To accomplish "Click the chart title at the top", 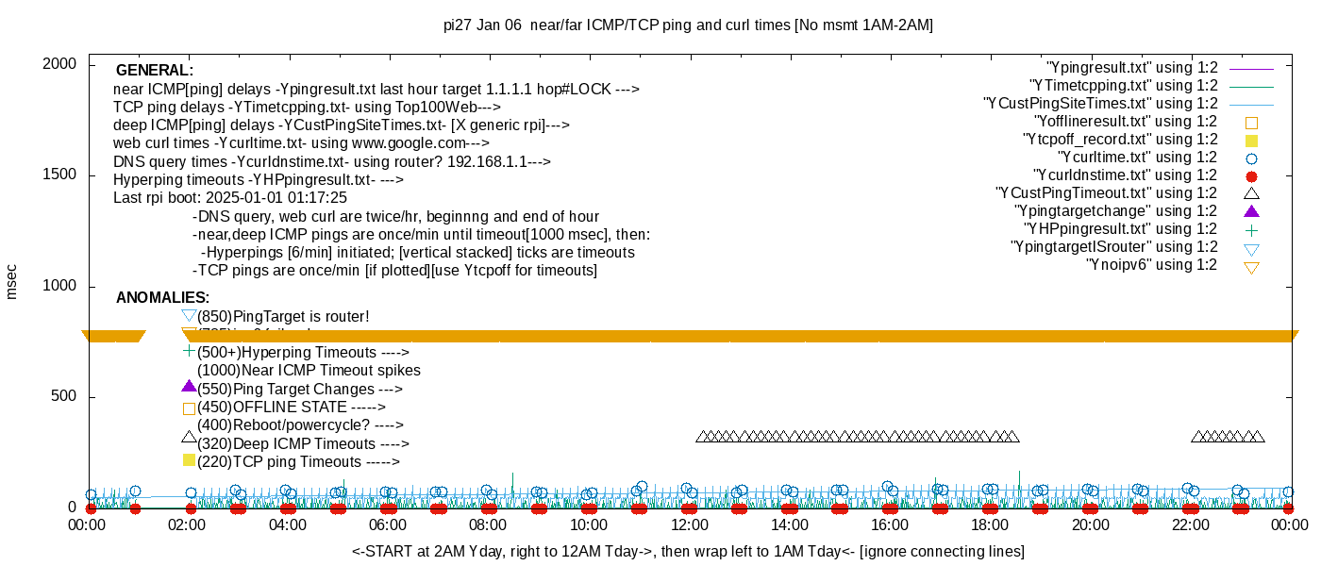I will point(688,25).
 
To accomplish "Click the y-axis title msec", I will point(11,281).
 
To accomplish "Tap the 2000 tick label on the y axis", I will point(59,64).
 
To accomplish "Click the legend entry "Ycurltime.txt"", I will point(1137,158).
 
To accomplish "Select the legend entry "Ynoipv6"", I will point(1151,265).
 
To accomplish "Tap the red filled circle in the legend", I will point(1251,176).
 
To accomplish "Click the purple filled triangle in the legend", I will point(1251,211).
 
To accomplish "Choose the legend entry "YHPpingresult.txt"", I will point(1121,229).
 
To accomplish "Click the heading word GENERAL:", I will point(155,71).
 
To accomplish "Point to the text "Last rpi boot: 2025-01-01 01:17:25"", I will point(230,198).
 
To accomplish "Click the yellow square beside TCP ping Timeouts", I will point(189,460).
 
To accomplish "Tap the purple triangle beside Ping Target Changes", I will point(189,387).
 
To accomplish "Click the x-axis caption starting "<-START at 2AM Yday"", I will point(688,551).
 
